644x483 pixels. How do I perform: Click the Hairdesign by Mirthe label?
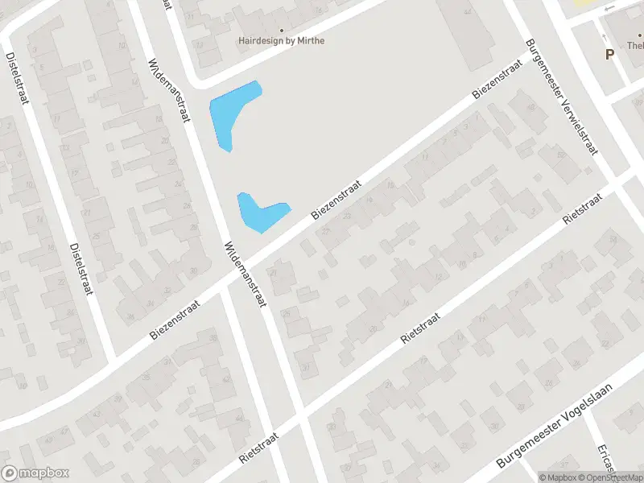click(x=282, y=39)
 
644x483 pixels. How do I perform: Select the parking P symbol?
click(x=609, y=55)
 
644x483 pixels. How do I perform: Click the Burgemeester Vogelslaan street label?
click(x=555, y=427)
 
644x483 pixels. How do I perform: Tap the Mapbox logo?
click(x=35, y=473)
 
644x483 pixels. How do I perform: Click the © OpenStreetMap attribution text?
click(x=609, y=477)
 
